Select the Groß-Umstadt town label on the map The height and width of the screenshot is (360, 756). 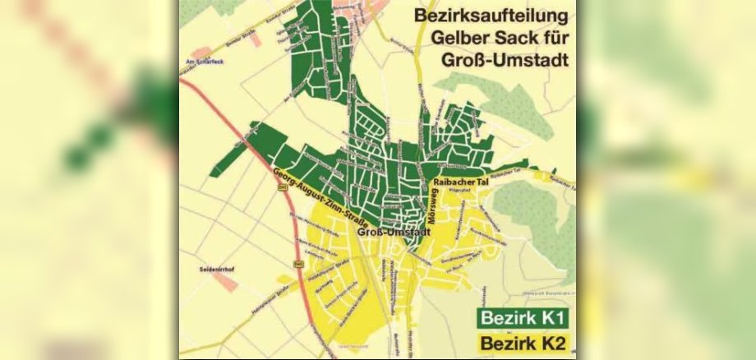pyautogui.click(x=390, y=233)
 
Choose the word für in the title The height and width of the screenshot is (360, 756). pyautogui.click(x=556, y=38)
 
